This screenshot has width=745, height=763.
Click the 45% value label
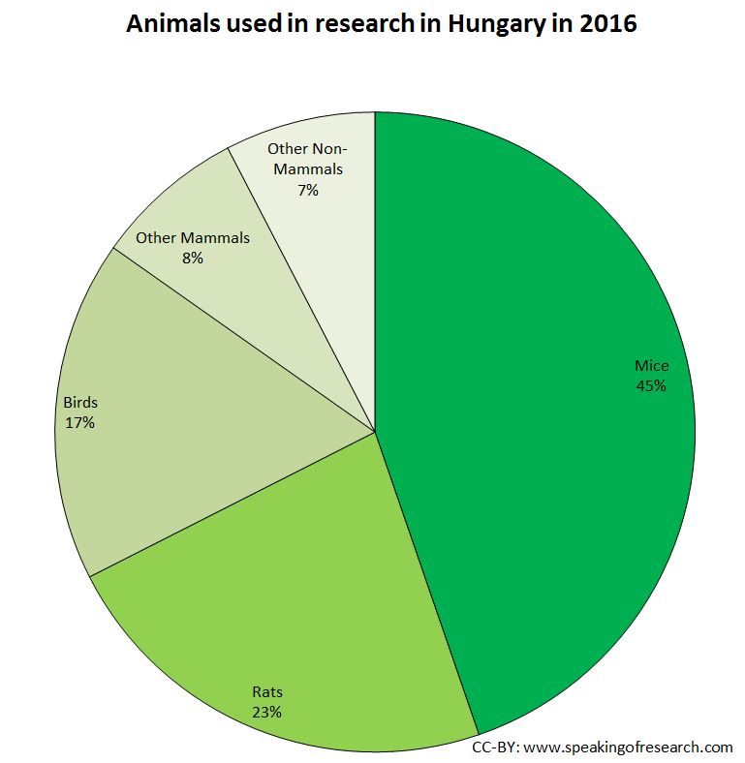(x=651, y=385)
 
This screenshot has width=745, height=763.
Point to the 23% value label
(x=266, y=713)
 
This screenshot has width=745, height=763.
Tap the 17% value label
(x=79, y=422)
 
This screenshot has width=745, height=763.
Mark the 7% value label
(x=308, y=190)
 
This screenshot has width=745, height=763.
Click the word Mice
(x=652, y=366)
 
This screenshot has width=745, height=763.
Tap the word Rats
(x=267, y=692)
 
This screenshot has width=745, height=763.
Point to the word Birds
(x=80, y=402)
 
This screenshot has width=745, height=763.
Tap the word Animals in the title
(x=172, y=24)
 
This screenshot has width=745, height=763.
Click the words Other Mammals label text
(x=193, y=238)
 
